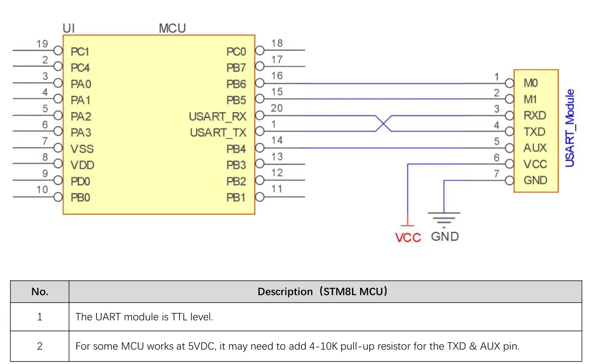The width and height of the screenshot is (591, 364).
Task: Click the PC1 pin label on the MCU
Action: point(80,51)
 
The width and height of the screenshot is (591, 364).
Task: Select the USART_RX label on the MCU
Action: point(217,117)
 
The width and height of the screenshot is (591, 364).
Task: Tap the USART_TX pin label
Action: point(218,133)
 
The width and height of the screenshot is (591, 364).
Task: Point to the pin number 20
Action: point(277,108)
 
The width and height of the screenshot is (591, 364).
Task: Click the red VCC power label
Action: point(408,238)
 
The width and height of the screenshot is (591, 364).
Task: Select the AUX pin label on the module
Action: point(535,148)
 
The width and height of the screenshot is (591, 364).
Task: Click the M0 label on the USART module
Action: point(530,83)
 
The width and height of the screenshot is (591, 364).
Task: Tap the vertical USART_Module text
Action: point(570,128)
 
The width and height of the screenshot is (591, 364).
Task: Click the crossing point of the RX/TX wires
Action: point(383,123)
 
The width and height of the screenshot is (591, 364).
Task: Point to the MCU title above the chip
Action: point(172,29)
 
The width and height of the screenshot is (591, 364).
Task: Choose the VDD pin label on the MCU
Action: point(83,165)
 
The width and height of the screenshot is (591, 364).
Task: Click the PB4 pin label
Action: point(236,149)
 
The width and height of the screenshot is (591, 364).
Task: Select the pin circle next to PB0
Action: point(58,197)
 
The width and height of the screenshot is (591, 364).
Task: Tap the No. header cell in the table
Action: point(39,291)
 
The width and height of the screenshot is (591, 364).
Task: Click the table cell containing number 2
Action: point(39,346)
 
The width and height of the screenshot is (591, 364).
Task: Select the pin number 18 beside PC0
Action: point(277,43)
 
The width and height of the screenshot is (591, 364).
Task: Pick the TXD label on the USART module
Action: point(535,132)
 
